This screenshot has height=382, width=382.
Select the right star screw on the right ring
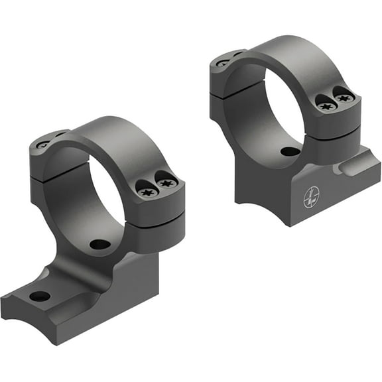point(344,97)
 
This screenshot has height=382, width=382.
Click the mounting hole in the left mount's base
point(40,296)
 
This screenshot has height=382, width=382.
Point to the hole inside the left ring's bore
point(99,244)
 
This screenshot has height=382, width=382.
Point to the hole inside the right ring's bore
point(289,151)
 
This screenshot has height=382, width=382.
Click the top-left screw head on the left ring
point(43,143)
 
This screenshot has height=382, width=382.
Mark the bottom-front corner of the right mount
point(286,224)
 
